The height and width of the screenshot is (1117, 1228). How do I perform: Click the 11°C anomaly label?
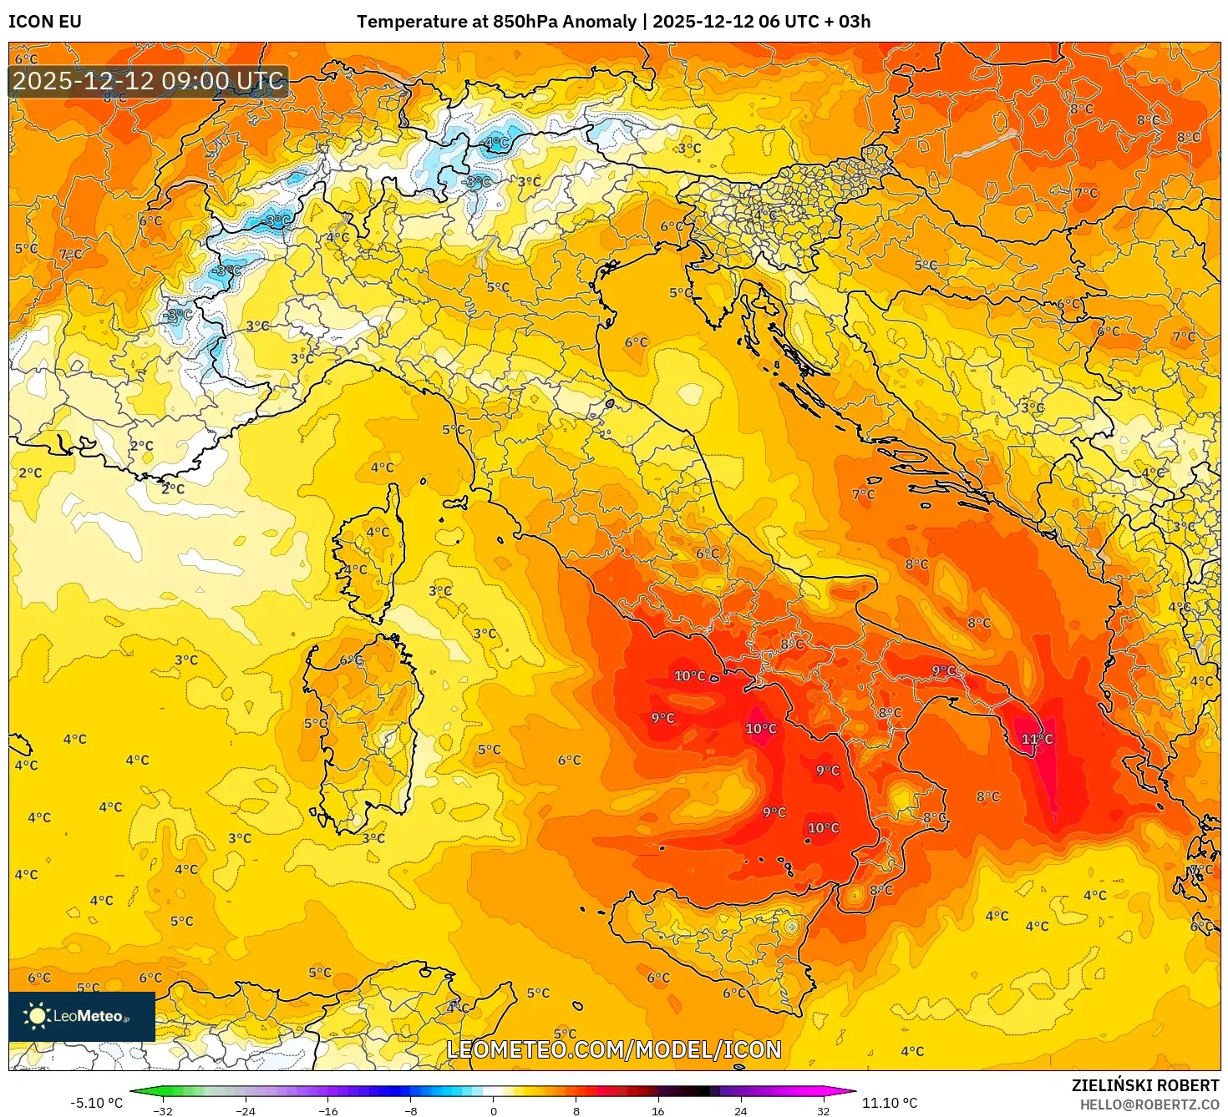tap(1037, 739)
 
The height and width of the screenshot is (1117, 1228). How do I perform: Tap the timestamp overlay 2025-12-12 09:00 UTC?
tap(149, 81)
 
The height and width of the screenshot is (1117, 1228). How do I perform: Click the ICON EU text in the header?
tap(45, 22)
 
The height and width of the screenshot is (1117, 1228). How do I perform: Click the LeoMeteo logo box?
tap(82, 1016)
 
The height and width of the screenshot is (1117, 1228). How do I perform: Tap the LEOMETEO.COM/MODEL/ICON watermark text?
tap(614, 1049)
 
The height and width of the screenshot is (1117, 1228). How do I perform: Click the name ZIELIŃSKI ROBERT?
tap(1145, 1085)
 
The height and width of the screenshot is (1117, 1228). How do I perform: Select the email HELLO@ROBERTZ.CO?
tap(1149, 1104)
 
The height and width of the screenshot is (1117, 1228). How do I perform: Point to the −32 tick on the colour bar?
tap(163, 1110)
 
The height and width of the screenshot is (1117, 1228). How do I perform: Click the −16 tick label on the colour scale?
tap(328, 1110)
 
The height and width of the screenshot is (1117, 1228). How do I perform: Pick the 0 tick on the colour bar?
tap(494, 1110)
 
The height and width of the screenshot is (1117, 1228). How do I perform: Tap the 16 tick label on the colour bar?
tap(658, 1110)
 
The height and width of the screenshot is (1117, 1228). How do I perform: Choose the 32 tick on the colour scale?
tap(823, 1110)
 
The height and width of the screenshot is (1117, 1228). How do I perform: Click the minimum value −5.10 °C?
tap(96, 1103)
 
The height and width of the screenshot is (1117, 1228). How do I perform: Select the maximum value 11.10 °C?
tap(890, 1103)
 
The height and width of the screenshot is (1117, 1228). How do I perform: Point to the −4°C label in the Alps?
tap(495, 143)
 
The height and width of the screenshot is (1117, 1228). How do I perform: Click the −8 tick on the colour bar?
tap(411, 1110)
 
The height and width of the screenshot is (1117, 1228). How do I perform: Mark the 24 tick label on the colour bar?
tap(741, 1110)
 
